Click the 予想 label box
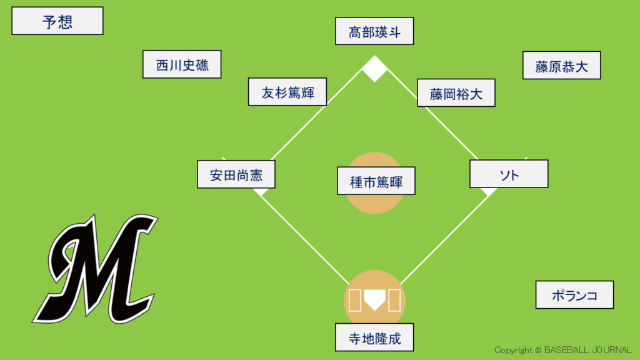point(57,21)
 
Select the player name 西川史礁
point(182,64)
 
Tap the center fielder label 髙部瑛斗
point(374,31)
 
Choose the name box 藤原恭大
point(561,66)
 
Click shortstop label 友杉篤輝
point(287,92)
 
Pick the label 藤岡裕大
point(456,93)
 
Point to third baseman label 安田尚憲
point(236,174)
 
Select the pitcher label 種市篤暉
point(376,182)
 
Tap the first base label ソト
point(509,174)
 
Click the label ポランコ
point(574,295)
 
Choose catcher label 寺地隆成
point(374,338)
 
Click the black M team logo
point(102,269)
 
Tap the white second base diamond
point(375,69)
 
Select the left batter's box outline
point(354,300)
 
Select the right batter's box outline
point(394,300)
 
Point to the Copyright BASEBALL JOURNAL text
point(562,350)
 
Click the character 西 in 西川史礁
point(162,65)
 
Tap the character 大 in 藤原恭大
point(581,66)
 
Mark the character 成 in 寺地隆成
point(394,339)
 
